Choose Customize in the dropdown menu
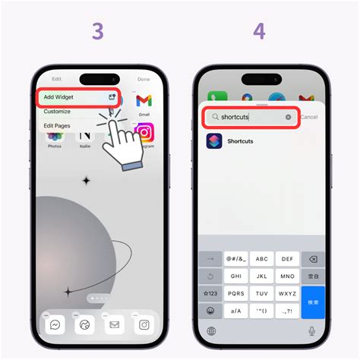58,111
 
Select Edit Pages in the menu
58,125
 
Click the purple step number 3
97,32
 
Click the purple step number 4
260,32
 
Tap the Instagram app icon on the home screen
144,133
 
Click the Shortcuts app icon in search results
214,141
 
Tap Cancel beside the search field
308,117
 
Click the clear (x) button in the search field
289,117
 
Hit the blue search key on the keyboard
312,302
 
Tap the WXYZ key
287,293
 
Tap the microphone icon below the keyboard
311,331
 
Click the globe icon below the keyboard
210,331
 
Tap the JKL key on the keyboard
261,276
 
